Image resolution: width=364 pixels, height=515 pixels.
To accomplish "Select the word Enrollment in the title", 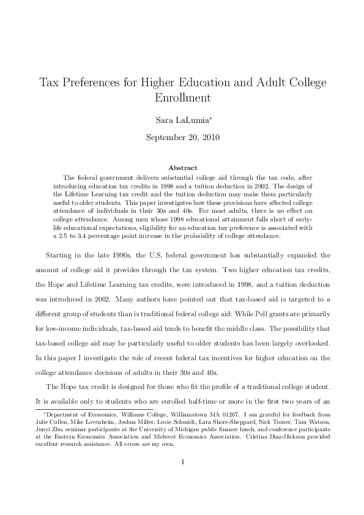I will click(182, 97).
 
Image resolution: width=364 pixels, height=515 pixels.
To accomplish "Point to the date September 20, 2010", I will click(182, 137).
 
